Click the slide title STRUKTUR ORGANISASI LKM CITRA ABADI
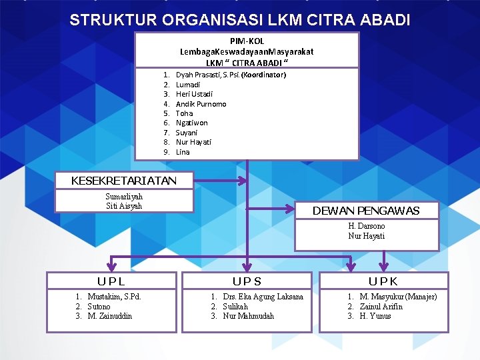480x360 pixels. coord(239,20)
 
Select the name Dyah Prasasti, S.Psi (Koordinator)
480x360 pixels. coord(230,75)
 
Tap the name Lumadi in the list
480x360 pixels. coord(187,85)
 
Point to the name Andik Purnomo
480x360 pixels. coord(201,104)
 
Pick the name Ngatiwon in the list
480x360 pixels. coord(191,123)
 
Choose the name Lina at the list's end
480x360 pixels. coord(183,152)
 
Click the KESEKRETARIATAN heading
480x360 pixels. coord(124,181)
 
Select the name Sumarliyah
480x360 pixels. coord(124,197)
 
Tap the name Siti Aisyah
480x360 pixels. coord(124,206)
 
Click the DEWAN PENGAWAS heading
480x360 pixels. coord(366,211)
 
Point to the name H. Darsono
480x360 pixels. coord(366,226)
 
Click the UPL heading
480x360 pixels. coord(111,281)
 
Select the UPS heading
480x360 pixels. coord(247,281)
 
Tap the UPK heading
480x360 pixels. coord(383,281)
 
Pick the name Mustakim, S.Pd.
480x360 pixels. coord(114,297)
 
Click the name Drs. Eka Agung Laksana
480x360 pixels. coord(263,297)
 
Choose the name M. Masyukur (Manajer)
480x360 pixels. coord(398,297)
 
